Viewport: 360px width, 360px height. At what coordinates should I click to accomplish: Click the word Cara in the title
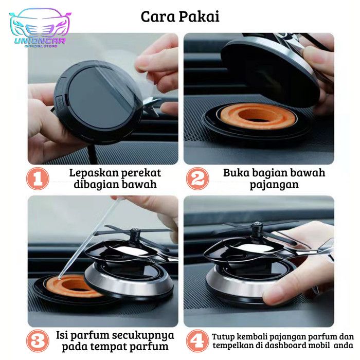click(158, 17)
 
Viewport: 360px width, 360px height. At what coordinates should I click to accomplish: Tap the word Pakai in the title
click(199, 17)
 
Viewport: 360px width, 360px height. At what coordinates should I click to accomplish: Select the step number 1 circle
click(38, 178)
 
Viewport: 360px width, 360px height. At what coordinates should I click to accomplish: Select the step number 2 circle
click(197, 178)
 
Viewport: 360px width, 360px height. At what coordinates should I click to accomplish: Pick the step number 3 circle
click(38, 341)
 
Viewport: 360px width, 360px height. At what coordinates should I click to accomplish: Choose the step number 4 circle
click(197, 341)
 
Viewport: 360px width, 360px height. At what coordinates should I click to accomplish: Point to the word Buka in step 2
click(236, 173)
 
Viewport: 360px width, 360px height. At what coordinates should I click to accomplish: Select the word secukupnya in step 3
click(145, 336)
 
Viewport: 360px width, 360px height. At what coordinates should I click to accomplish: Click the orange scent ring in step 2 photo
click(257, 116)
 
